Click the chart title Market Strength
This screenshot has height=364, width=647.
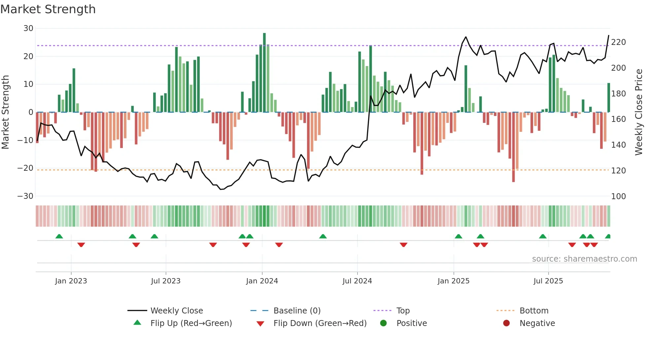(x=48, y=9)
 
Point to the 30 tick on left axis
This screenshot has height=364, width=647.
(x=28, y=28)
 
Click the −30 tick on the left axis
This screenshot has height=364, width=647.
(x=25, y=196)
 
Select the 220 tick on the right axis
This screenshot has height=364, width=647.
(x=618, y=42)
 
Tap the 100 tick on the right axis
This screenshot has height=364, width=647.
(x=618, y=197)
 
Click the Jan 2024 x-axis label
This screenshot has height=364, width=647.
(x=262, y=281)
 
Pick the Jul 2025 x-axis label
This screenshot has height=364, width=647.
(x=548, y=281)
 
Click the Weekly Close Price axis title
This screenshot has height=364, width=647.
(x=639, y=112)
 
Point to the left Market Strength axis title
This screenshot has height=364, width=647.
(x=5, y=112)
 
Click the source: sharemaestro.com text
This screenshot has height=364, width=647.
(x=584, y=259)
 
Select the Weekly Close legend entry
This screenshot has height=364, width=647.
(x=176, y=311)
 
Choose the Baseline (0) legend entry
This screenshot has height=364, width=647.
(x=297, y=311)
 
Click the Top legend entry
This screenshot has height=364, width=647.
(x=403, y=311)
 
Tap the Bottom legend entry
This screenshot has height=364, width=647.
(x=534, y=311)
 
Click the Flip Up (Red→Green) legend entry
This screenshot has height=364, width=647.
(x=191, y=323)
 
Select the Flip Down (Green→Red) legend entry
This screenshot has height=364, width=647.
(x=320, y=323)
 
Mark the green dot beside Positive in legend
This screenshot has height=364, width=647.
(x=383, y=323)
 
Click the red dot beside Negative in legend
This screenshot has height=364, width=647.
(x=506, y=323)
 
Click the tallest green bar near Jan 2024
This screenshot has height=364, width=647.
(x=264, y=73)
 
